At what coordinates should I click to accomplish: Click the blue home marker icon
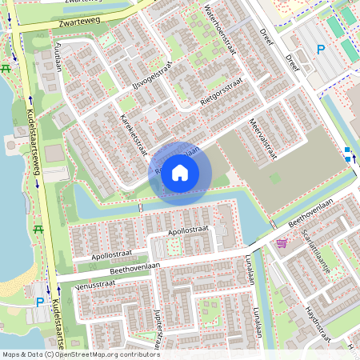(180, 173)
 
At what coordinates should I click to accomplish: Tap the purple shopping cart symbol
(282, 242)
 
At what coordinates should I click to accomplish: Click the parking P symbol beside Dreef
(320, 50)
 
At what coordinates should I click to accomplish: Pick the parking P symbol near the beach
(40, 302)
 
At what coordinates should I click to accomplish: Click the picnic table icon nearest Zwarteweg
(7, 66)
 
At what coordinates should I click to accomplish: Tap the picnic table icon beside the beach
(38, 230)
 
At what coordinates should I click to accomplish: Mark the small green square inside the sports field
(275, 178)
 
